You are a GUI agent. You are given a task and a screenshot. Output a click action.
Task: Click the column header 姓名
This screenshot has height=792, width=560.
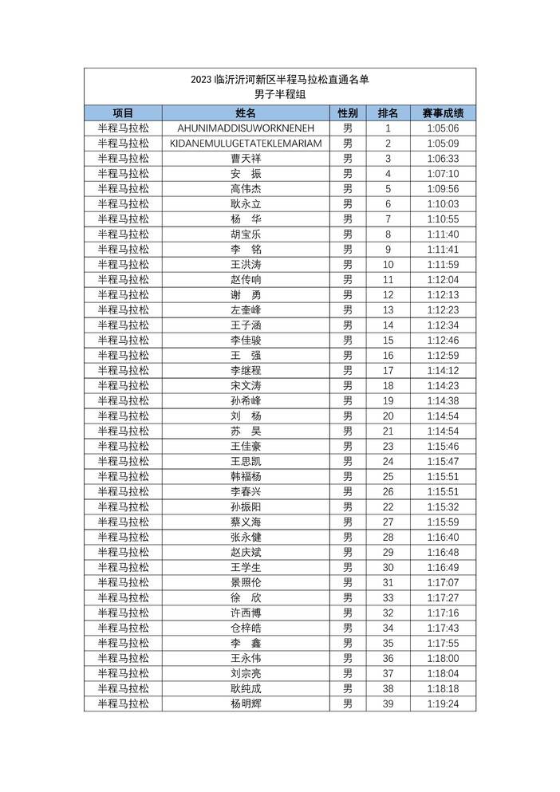[246, 113]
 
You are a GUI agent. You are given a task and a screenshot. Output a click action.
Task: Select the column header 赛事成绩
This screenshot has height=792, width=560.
[443, 113]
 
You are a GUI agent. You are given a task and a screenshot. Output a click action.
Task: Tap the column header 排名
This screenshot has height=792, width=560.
[388, 113]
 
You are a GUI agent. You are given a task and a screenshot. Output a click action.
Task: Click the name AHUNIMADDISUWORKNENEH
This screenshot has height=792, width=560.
[246, 128]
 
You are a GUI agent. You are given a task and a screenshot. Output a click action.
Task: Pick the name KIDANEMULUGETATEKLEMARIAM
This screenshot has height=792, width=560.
[246, 144]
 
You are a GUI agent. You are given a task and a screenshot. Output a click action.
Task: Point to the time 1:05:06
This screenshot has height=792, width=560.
[443, 128]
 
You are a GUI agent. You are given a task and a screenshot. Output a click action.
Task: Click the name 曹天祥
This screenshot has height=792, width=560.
[246, 159]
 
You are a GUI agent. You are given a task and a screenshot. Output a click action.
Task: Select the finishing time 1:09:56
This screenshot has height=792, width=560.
[443, 189]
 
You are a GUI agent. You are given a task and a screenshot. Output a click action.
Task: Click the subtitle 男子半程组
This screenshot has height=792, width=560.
[280, 94]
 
